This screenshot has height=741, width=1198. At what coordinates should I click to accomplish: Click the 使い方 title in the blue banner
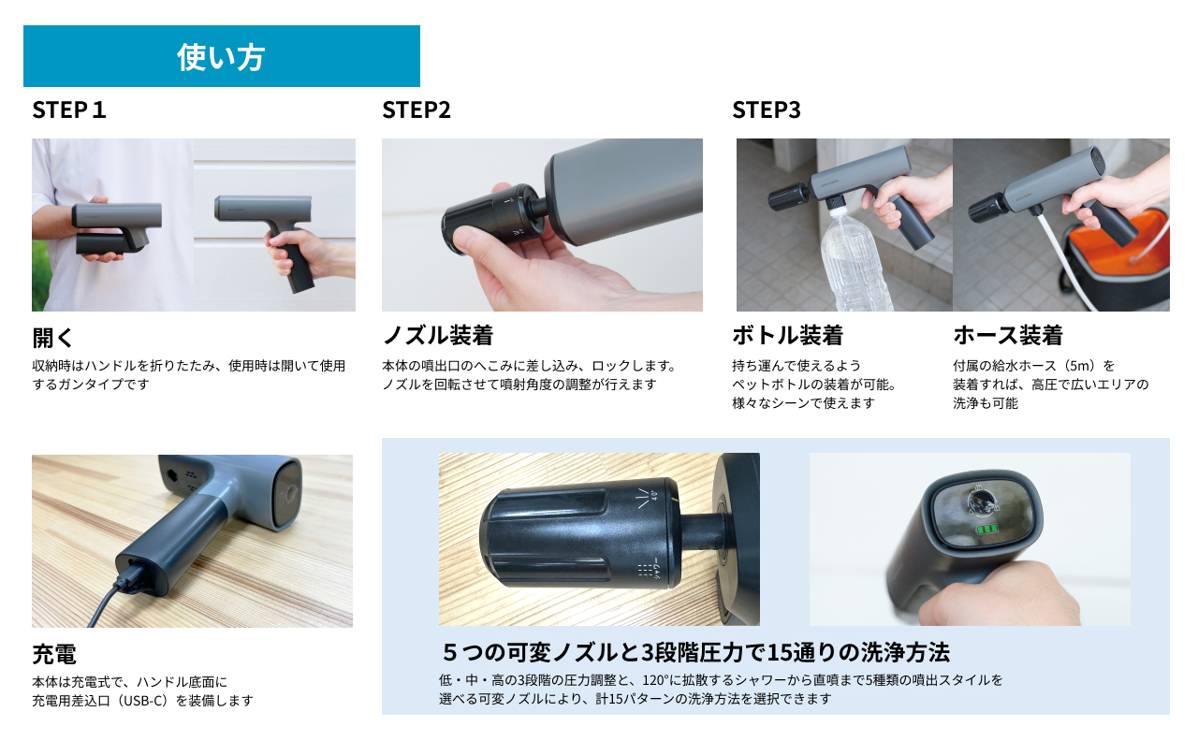[221, 57]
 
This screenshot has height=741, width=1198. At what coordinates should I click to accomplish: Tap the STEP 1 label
[69, 109]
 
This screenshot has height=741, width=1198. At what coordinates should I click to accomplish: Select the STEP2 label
[416, 109]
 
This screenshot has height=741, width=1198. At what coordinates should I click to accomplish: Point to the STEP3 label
[767, 109]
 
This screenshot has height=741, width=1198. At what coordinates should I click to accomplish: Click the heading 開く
[52, 338]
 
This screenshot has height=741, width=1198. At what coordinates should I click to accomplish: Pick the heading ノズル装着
[438, 335]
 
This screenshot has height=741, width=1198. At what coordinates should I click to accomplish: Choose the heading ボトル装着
[788, 335]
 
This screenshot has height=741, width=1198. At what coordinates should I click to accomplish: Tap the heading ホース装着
[1008, 335]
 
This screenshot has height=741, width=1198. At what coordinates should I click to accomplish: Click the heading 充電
[54, 653]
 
